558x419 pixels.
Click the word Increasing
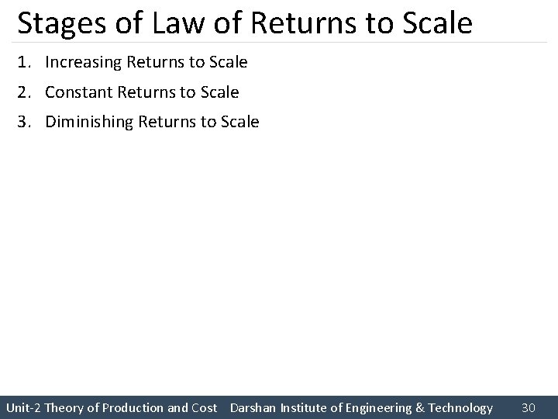click(x=83, y=62)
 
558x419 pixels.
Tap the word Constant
click(x=79, y=92)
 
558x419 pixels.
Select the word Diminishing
click(x=88, y=122)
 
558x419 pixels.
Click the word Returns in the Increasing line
click(x=155, y=62)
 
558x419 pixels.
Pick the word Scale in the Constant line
click(x=220, y=92)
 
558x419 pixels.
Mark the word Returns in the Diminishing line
click(x=166, y=122)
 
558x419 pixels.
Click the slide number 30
click(x=529, y=407)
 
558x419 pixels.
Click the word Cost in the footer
click(x=204, y=407)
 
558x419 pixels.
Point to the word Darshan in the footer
click(x=253, y=407)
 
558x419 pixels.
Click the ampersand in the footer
click(x=420, y=407)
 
